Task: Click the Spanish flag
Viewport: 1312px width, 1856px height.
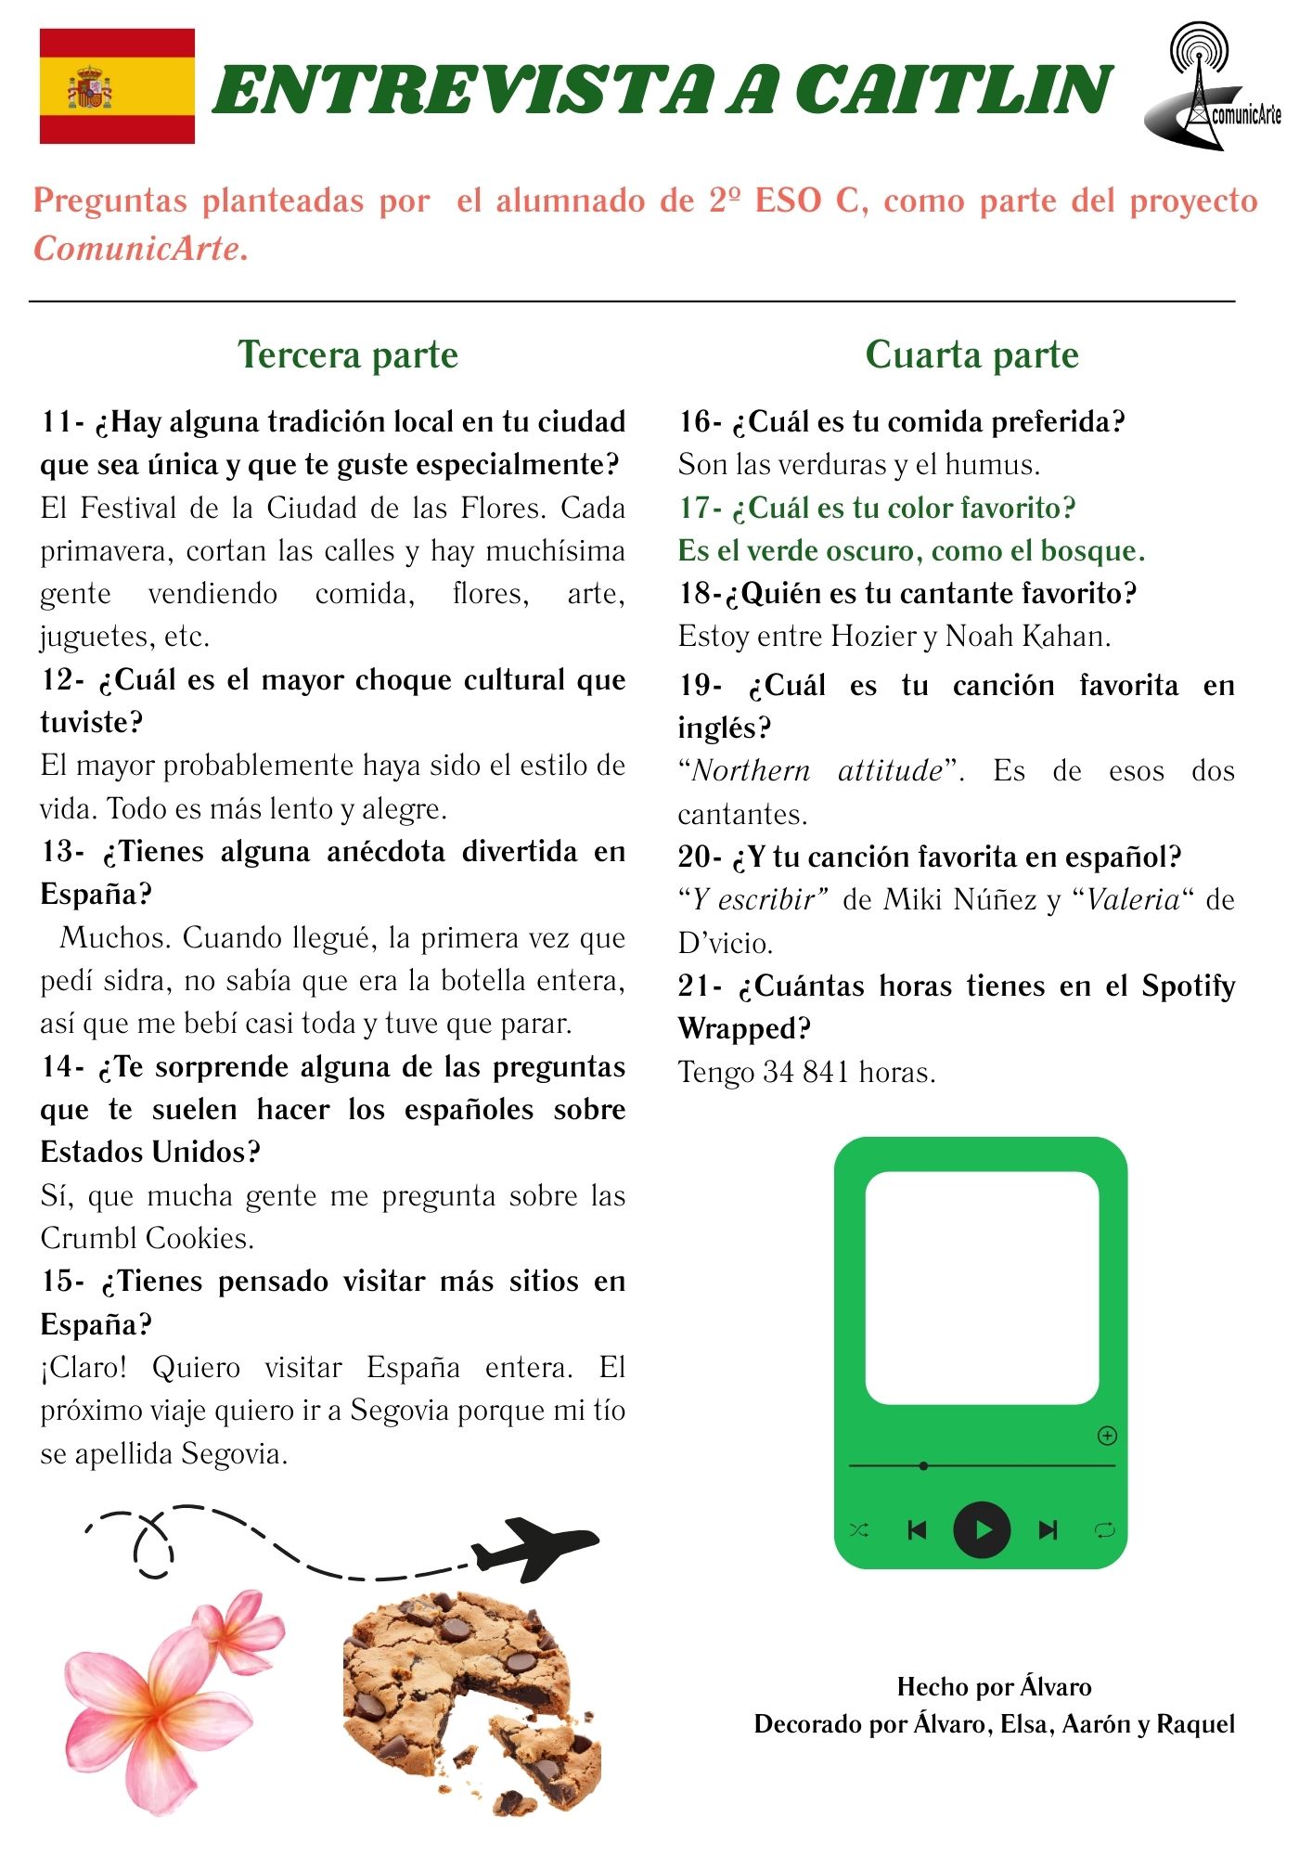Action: pyautogui.click(x=117, y=86)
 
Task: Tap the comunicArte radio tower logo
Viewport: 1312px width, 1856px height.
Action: pyautogui.click(x=1212, y=88)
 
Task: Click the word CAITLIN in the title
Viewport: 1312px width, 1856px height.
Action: pyautogui.click(x=954, y=91)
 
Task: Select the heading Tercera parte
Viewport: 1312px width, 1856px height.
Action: pyautogui.click(x=348, y=354)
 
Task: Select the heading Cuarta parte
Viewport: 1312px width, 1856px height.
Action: pyautogui.click(x=971, y=354)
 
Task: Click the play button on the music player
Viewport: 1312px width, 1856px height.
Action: pyautogui.click(x=982, y=1529)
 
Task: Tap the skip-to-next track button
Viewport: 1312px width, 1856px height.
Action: pyautogui.click(x=1048, y=1529)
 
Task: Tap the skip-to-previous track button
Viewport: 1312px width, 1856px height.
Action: pyautogui.click(x=917, y=1529)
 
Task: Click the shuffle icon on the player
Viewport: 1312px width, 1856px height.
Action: pyautogui.click(x=859, y=1529)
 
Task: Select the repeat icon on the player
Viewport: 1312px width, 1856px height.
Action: pyautogui.click(x=1104, y=1529)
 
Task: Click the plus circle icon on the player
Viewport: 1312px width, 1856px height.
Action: pyautogui.click(x=1107, y=1436)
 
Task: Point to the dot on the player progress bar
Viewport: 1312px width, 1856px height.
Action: pyautogui.click(x=923, y=1466)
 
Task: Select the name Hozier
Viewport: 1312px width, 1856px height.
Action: pyautogui.click(x=872, y=637)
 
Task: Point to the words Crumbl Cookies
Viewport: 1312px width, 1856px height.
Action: pyautogui.click(x=147, y=1238)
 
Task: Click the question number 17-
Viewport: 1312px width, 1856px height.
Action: pyautogui.click(x=700, y=509)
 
